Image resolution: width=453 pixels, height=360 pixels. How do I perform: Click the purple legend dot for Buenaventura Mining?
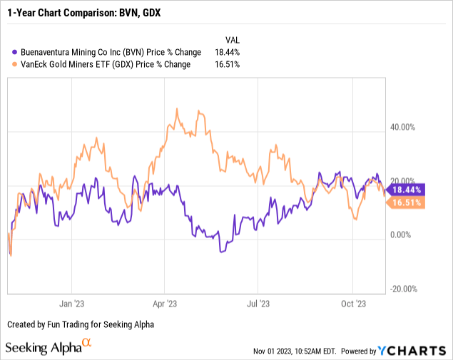[10, 52]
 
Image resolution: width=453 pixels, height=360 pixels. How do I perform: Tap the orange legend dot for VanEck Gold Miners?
[10, 64]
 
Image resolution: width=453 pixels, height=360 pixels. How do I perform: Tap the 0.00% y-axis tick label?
[402, 235]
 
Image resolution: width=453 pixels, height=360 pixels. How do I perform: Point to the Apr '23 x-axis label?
[165, 303]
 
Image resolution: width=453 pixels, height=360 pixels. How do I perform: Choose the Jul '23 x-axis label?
[258, 303]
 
